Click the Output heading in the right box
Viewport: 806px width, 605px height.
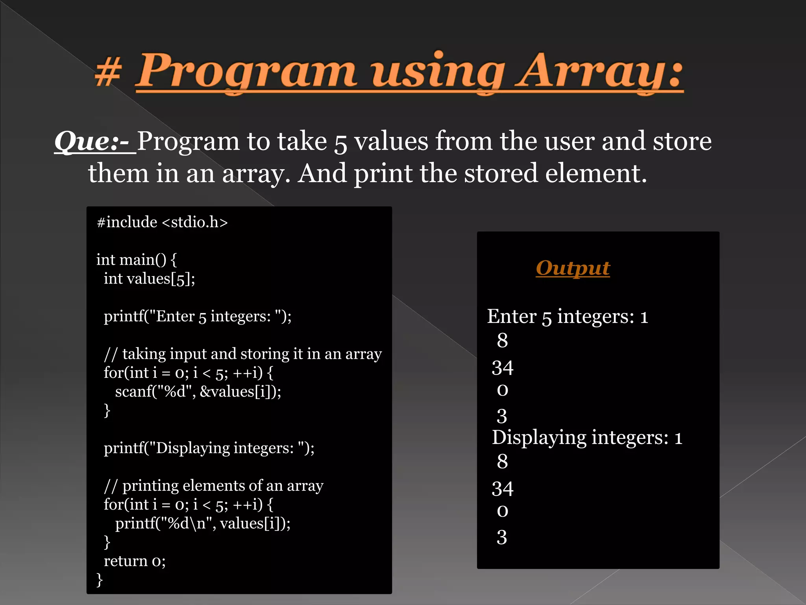pos(573,268)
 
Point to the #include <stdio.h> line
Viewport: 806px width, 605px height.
pos(162,223)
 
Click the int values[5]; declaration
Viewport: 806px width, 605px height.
pos(149,279)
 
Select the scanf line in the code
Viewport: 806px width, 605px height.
pos(198,392)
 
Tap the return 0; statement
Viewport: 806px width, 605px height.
pos(135,561)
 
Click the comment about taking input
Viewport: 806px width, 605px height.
pos(242,354)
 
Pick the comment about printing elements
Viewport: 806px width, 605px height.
pos(213,486)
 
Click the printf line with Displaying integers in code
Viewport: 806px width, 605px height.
pos(209,448)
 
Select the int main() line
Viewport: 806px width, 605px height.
pos(136,260)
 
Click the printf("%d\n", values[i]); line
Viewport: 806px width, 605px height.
pos(203,523)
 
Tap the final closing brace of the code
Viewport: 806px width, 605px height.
pos(100,580)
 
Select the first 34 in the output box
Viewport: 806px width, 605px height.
pos(503,368)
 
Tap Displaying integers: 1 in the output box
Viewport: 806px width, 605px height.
pos(587,438)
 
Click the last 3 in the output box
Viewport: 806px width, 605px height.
pos(502,537)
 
